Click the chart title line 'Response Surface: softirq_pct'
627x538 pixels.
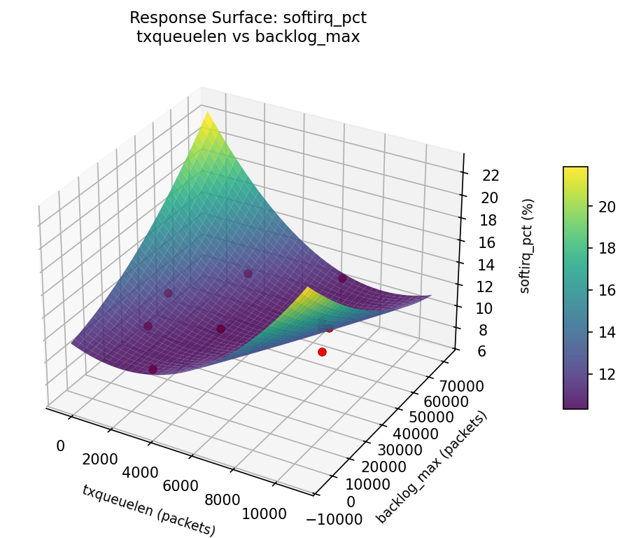pos(248,18)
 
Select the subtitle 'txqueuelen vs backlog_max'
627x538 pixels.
pos(248,37)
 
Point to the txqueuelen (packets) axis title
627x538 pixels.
pos(148,510)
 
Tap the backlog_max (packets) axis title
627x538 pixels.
pos(432,467)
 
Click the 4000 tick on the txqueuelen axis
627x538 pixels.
pos(139,472)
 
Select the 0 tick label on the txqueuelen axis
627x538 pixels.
pos(60,446)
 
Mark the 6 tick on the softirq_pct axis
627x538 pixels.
pos(477,352)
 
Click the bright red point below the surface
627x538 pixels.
pos(322,352)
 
